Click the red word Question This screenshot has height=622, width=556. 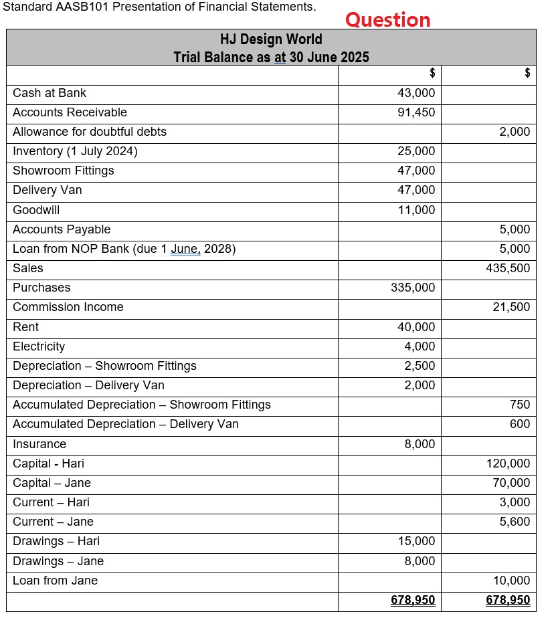coord(387,19)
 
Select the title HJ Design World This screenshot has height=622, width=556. coord(271,39)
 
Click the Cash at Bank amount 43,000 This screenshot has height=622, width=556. coord(415,93)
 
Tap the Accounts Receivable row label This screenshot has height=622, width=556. coord(70,112)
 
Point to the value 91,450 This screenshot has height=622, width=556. coord(415,112)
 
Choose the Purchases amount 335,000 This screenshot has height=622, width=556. coord(412,288)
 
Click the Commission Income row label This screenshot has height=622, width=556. coord(68,307)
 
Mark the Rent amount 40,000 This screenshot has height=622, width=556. coord(415,327)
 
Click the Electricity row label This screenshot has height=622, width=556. coord(39,346)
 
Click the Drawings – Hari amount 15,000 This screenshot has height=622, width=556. coord(415,541)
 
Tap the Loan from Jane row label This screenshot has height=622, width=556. coord(55,581)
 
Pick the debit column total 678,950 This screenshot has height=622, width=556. coord(413,601)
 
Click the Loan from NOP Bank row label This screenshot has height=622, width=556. coord(124,249)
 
